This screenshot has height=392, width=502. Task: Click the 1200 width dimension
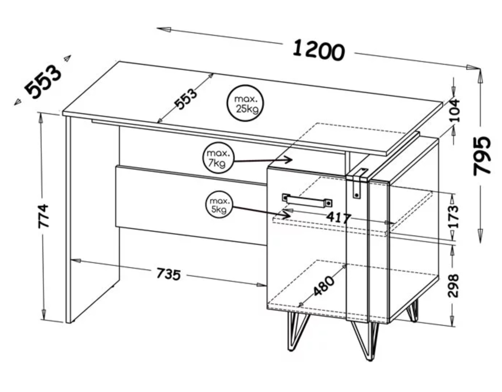tap(319, 50)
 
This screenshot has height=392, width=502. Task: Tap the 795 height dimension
tap(482, 156)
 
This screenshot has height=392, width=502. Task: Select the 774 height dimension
tap(44, 216)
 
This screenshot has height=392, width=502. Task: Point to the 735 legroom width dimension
tap(169, 274)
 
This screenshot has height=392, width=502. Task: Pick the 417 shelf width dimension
tap(339, 218)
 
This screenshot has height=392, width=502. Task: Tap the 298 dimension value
tap(453, 286)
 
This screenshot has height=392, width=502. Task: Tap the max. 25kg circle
tap(245, 103)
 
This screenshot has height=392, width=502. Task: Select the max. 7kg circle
tap(218, 158)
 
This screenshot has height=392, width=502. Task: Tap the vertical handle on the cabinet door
tap(359, 183)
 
